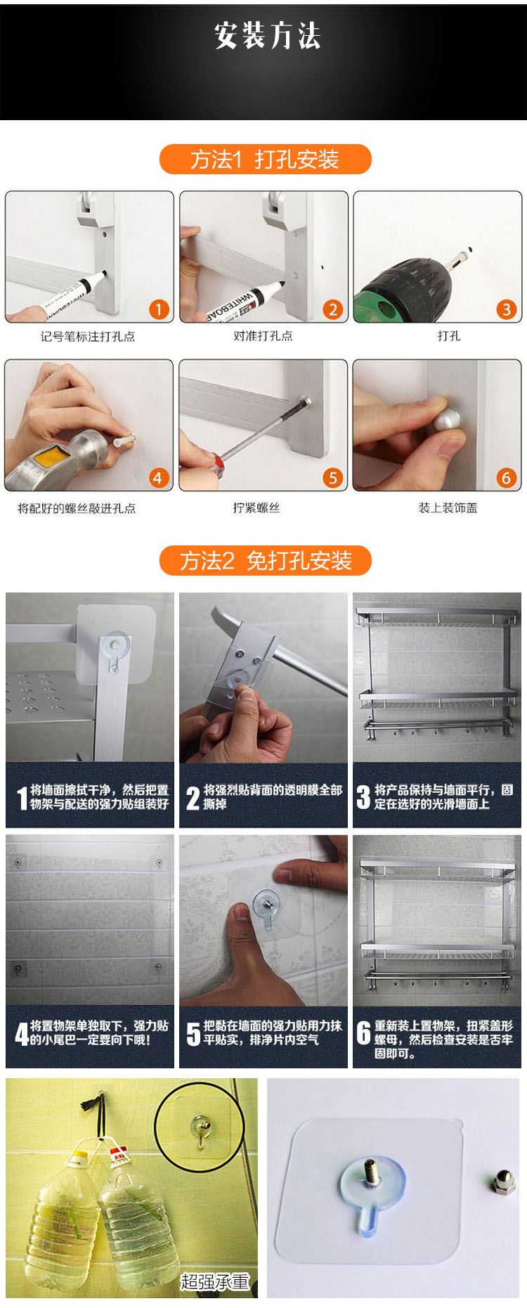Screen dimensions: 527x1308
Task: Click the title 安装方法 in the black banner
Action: (x=267, y=36)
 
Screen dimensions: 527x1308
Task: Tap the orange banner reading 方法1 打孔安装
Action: (x=265, y=159)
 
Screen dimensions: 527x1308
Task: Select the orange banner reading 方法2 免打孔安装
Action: (x=265, y=560)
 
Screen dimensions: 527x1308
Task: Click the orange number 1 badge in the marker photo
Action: (x=159, y=309)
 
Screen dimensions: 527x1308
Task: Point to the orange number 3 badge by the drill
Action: (x=506, y=309)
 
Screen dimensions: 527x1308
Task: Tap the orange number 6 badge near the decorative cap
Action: (x=506, y=478)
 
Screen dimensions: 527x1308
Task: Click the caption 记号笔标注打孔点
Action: (x=88, y=336)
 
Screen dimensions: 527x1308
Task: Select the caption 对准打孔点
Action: (x=263, y=336)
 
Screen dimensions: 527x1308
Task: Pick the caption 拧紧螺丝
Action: (x=256, y=507)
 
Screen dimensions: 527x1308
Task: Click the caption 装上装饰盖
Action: (x=448, y=507)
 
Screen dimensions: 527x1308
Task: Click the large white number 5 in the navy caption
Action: (x=193, y=1034)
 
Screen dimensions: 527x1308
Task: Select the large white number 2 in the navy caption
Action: (x=193, y=798)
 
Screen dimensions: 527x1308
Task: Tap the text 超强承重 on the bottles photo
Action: (x=215, y=1281)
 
